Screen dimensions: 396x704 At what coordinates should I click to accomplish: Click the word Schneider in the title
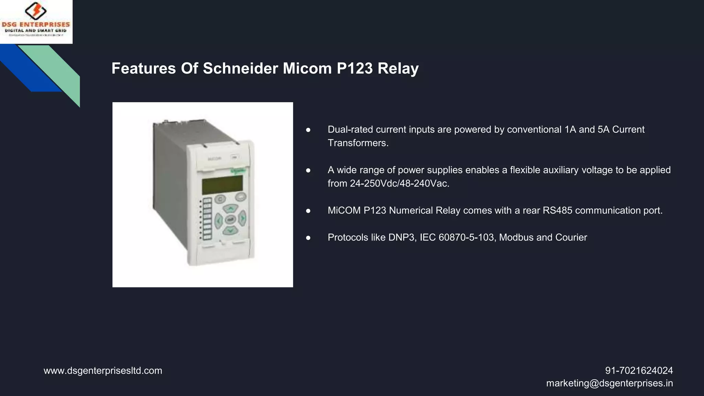240,68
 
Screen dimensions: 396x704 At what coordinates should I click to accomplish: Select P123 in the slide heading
355,68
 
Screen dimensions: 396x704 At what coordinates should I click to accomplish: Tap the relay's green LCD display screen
222,185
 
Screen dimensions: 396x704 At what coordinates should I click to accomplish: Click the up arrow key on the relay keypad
231,208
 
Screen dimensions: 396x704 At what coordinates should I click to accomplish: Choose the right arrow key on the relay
242,218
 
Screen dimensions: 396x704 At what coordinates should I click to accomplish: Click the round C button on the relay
220,199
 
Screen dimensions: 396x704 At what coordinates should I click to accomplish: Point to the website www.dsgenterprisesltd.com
103,371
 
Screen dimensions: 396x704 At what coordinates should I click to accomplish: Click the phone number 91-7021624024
639,371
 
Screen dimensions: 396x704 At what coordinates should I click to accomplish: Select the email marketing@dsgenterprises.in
609,383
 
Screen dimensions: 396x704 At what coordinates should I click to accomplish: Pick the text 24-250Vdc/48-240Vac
399,184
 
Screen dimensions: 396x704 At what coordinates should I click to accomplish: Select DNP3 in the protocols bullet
401,238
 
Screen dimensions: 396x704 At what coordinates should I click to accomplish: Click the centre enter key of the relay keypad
230,219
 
